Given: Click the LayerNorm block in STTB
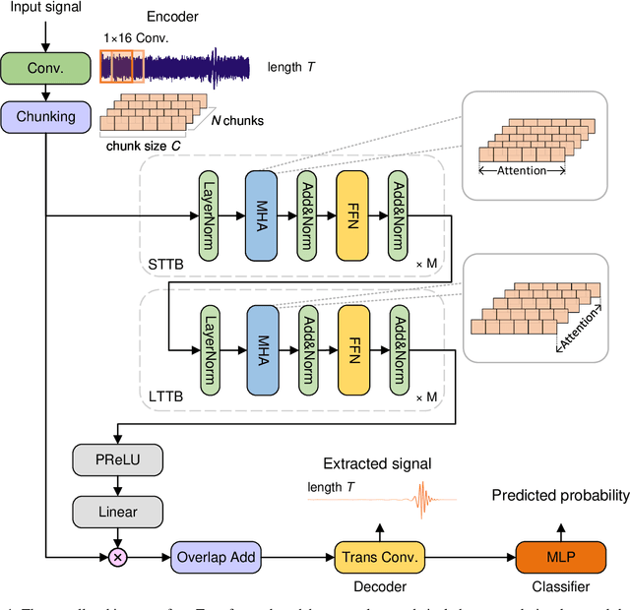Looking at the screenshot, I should coord(209,214).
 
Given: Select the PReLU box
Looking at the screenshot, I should coord(117,459).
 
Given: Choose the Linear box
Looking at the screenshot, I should coord(117,511).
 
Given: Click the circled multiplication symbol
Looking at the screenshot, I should coord(117,557).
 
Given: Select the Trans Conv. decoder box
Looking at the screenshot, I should coord(380,557).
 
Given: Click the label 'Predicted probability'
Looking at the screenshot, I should coord(559,496).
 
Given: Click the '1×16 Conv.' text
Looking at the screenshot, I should coord(137,38).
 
